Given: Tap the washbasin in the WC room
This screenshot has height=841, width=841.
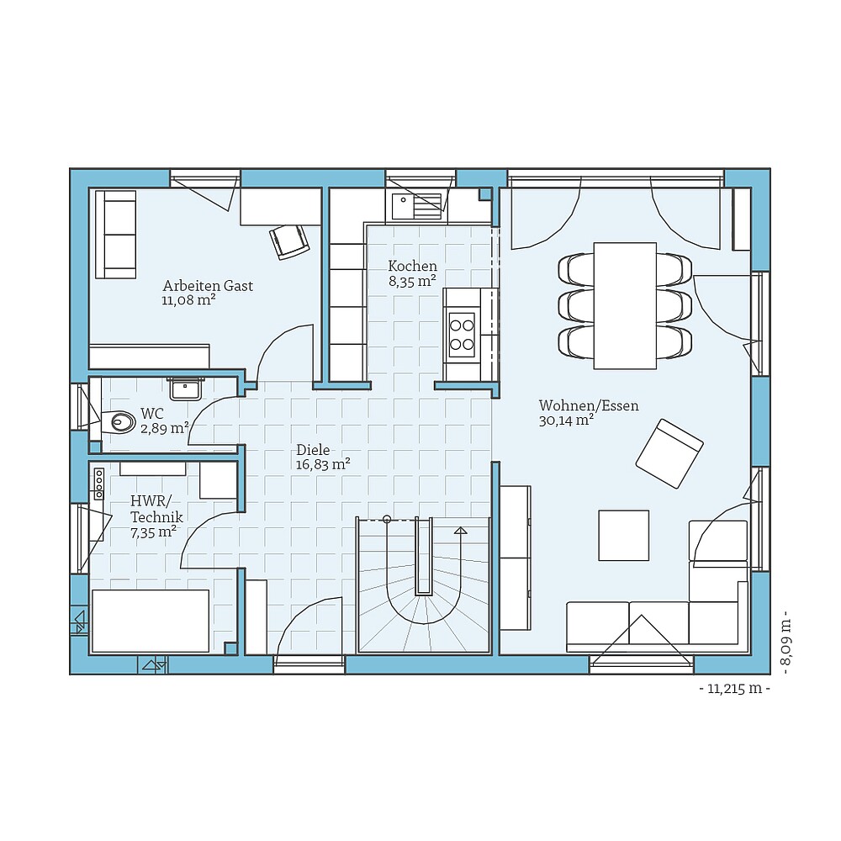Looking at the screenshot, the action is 186,388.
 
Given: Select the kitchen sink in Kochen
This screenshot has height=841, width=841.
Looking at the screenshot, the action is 416,207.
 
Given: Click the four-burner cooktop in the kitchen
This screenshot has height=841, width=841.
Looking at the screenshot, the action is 462,335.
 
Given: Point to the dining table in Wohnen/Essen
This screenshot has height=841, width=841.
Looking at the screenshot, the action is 625,306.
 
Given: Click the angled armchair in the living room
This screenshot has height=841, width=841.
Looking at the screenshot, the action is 669,454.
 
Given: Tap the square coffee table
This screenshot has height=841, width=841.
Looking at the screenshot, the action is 624,535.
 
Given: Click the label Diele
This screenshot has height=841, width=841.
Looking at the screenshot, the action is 313,449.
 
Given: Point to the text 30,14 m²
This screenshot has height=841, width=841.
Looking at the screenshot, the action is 566,420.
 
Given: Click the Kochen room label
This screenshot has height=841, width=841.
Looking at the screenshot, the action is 412,266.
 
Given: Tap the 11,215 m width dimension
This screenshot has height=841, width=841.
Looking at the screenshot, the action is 735,689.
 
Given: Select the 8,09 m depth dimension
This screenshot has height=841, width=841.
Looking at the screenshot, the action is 785,642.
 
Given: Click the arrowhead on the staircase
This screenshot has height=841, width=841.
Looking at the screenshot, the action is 460,531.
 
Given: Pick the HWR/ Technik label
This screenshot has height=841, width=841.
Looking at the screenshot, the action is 156,509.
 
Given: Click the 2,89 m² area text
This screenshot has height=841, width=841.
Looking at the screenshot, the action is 165,428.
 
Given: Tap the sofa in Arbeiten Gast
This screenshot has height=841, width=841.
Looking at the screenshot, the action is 115,235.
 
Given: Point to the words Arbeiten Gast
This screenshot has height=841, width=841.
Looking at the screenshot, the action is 208,285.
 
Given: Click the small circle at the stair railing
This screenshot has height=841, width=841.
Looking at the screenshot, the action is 387,519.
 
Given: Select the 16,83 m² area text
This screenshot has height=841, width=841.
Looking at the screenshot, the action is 323,464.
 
